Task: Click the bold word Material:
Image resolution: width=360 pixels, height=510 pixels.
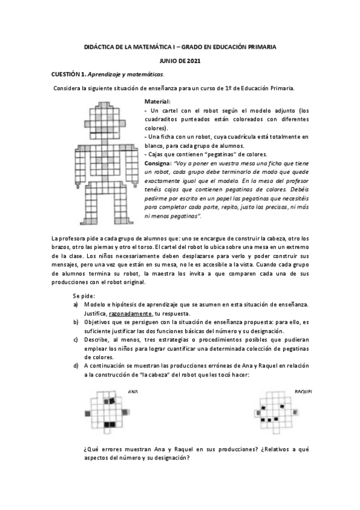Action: point(157,102)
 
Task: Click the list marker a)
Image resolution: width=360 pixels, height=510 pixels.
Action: point(76,306)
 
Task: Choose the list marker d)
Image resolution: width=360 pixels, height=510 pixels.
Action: point(76,365)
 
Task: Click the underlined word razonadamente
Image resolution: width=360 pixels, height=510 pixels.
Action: point(130,314)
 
